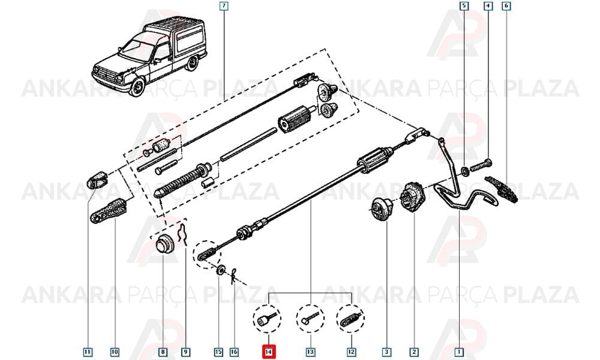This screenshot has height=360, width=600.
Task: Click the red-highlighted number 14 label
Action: point(268,352)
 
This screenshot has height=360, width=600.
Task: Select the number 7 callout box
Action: point(224,6)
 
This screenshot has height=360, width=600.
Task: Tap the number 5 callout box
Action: point(464,6)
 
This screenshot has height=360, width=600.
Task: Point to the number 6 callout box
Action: point(506,6)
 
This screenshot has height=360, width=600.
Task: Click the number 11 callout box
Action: point(88,352)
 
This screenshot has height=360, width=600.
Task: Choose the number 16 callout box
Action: point(234,352)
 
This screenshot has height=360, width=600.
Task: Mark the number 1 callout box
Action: point(458,352)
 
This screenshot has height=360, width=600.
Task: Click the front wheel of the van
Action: point(136,88)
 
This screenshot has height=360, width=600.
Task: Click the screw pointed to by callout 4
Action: point(481,165)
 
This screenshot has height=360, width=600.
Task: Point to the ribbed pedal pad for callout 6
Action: point(502,189)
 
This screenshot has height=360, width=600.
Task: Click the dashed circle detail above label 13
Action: point(310,318)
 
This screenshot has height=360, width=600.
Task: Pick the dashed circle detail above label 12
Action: point(350,318)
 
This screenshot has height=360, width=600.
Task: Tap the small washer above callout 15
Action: point(220,271)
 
